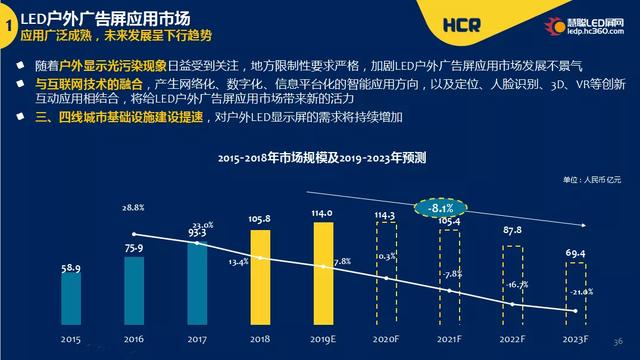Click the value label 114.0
tap(323, 213)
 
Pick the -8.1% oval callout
tap(436, 208)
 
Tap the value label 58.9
tap(70, 269)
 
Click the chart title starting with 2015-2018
tap(322, 157)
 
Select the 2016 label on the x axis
tap(134, 340)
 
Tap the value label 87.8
tap(514, 230)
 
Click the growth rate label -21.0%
tap(581, 292)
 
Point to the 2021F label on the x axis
tap(450, 340)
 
